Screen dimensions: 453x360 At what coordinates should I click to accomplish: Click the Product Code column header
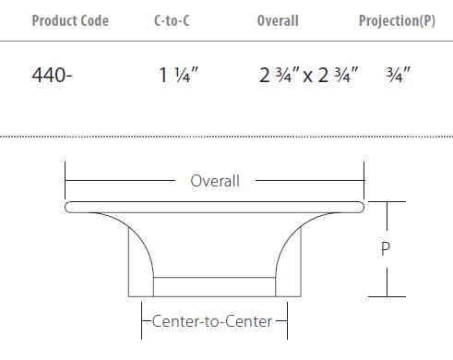pyautogui.click(x=70, y=21)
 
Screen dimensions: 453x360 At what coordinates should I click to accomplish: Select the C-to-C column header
pyautogui.click(x=172, y=21)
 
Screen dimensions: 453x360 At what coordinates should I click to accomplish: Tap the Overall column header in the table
pyautogui.click(x=278, y=21)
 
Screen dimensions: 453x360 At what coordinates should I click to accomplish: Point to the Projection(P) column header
pyautogui.click(x=397, y=21)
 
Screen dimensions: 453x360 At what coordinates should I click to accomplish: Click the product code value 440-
pyautogui.click(x=52, y=75)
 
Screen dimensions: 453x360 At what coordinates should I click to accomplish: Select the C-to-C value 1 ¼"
pyautogui.click(x=178, y=75)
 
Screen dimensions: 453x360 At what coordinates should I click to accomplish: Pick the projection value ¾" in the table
pyautogui.click(x=399, y=75)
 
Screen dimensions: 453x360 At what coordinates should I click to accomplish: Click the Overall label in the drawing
pyautogui.click(x=215, y=181)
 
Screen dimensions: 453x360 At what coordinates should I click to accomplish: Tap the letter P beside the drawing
pyautogui.click(x=386, y=249)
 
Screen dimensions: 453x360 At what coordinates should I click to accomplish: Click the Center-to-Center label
pyautogui.click(x=212, y=321)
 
